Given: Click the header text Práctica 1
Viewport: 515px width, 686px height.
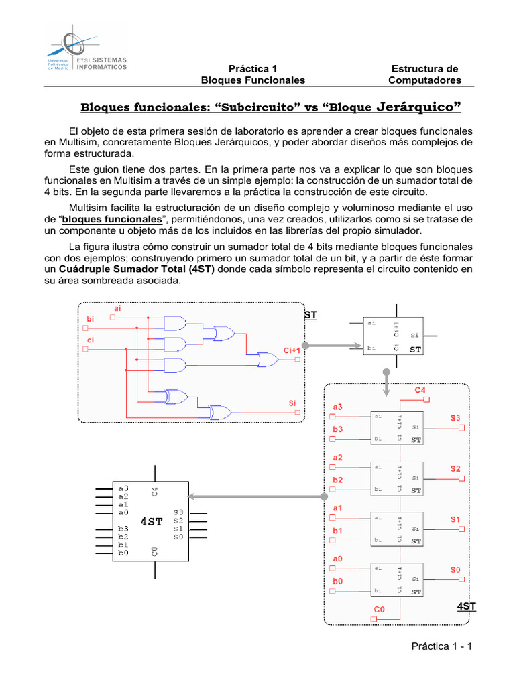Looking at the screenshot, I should (x=253, y=68).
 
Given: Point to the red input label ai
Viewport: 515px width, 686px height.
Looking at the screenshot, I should (x=118, y=308).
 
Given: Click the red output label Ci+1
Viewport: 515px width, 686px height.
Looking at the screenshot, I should (x=292, y=350).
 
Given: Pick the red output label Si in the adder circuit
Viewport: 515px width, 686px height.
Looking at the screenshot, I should (x=292, y=403).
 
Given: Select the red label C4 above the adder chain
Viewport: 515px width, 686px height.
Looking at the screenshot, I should (x=420, y=389).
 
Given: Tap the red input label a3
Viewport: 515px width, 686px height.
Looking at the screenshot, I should (x=338, y=407).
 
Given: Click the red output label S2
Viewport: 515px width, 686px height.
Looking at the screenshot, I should (x=455, y=469).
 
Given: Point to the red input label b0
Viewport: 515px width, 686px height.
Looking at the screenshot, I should (x=338, y=581).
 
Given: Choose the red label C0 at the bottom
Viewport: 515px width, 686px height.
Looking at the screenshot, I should (x=380, y=609).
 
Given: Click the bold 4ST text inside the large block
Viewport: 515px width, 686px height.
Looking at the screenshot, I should (x=151, y=521).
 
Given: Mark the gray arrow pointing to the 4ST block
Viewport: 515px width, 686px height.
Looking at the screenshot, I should (x=255, y=496).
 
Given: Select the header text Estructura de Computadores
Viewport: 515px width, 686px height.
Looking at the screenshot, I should (x=425, y=74).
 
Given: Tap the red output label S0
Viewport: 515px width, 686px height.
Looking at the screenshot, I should (x=455, y=569).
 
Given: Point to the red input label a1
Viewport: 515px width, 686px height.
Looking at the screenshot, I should (x=338, y=508).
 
